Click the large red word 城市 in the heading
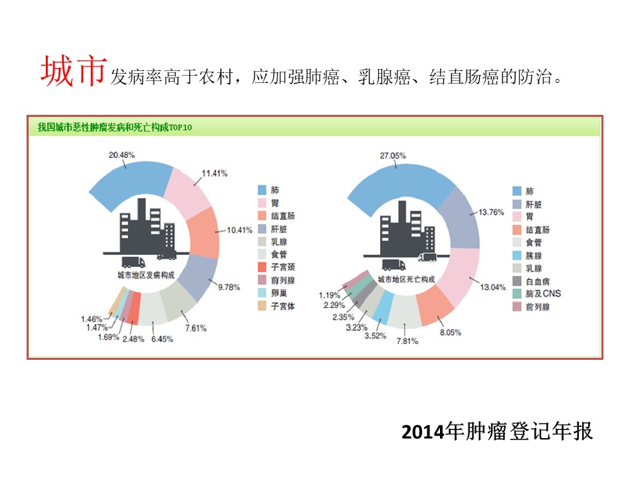point(73,72)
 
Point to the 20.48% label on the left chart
point(122,155)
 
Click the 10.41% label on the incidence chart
point(240,230)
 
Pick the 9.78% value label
point(229,287)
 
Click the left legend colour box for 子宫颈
point(263,268)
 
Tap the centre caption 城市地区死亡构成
point(406,279)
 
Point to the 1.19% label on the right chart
point(329,295)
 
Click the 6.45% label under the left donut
point(161,339)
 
